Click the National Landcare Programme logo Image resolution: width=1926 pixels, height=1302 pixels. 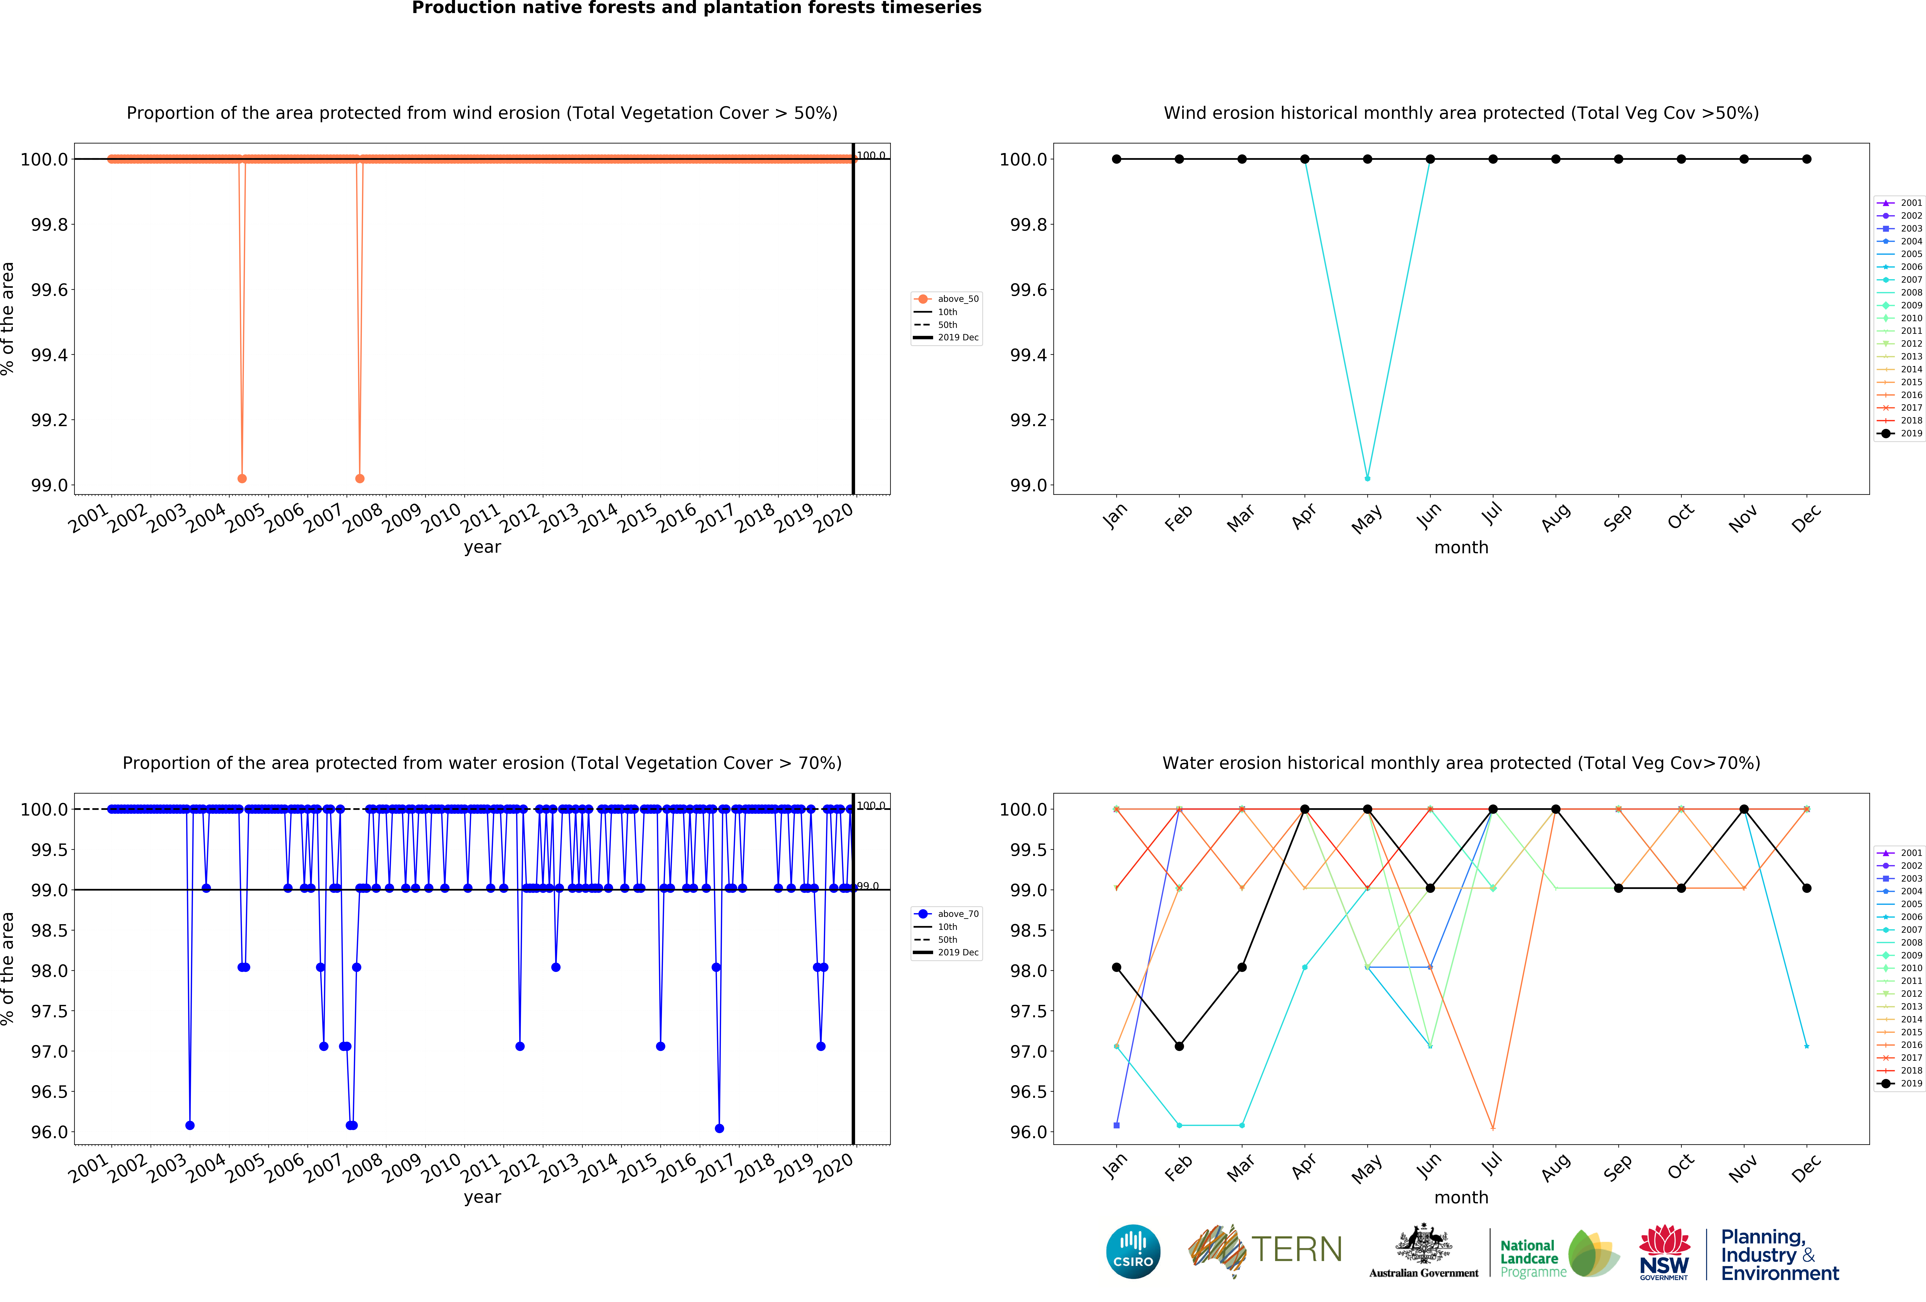coord(1558,1253)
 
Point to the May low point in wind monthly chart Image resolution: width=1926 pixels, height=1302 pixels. coord(1367,478)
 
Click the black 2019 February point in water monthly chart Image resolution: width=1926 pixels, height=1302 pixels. coord(1179,1046)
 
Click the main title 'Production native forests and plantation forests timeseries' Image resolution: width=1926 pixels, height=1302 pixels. coord(696,8)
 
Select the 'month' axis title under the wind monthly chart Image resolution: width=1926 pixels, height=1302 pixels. coord(1461,548)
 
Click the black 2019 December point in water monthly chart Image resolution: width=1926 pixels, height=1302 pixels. coord(1807,889)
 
